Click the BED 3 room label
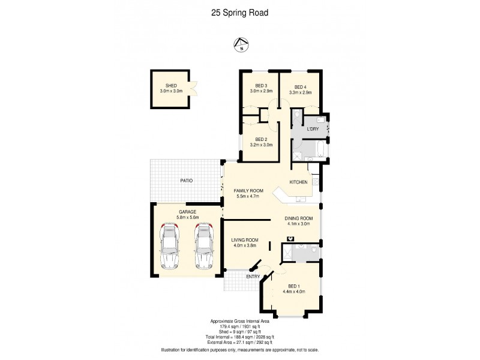(x=261, y=86)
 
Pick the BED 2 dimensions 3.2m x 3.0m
(x=260, y=145)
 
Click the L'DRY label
(x=312, y=129)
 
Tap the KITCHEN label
(x=299, y=182)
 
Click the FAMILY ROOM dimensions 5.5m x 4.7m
(x=248, y=196)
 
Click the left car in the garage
(x=170, y=246)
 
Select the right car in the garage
(x=203, y=246)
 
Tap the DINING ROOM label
(x=298, y=218)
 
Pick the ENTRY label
(x=253, y=277)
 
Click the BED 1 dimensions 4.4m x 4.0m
(x=294, y=292)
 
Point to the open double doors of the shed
(x=192, y=89)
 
